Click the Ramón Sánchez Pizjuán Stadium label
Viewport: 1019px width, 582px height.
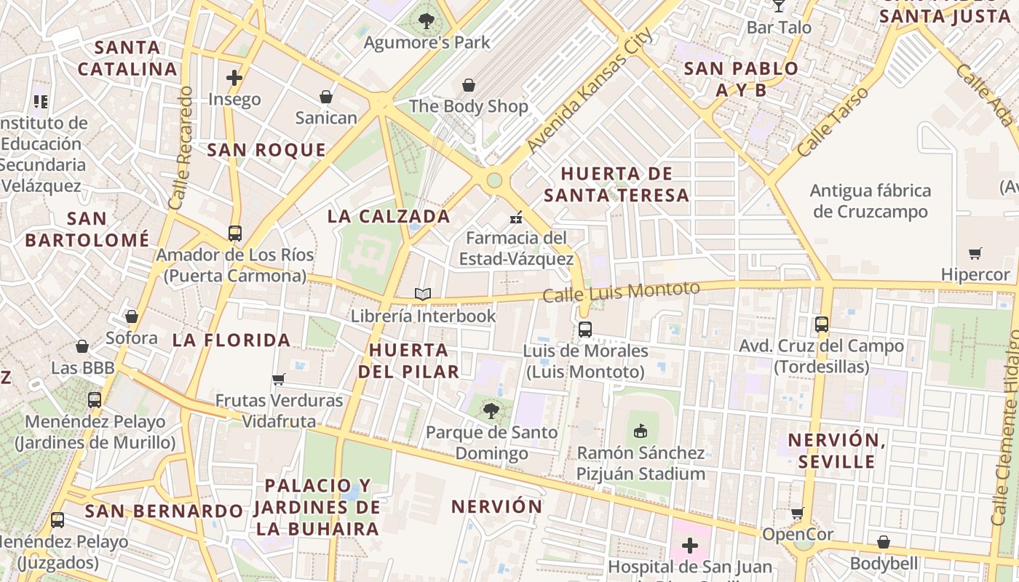tap(641, 463)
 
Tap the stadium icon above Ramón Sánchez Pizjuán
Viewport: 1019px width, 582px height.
tap(641, 431)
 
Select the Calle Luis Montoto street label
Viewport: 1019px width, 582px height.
tap(621, 292)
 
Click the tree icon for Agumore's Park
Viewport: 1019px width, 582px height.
tap(427, 21)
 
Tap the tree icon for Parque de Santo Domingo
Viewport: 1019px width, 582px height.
tap(491, 411)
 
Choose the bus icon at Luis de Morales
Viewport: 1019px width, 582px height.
tap(585, 330)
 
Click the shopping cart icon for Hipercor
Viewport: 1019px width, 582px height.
tap(975, 253)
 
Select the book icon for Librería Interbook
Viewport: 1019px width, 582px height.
tap(423, 295)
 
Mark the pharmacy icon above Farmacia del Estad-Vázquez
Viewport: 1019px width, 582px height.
tap(516, 216)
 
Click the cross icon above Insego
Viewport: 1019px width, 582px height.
tap(234, 78)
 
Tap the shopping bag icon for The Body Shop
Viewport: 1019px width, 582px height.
tap(469, 85)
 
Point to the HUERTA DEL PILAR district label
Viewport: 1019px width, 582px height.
tap(408, 360)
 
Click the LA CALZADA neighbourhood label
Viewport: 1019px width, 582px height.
tap(389, 216)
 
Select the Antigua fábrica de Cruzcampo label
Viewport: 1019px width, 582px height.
tap(871, 202)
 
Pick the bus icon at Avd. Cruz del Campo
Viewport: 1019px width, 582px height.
tap(822, 324)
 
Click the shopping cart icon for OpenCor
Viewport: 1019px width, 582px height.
tap(798, 513)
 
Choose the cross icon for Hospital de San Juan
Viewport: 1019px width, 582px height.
tap(689, 545)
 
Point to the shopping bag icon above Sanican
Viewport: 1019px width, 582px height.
tap(326, 97)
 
